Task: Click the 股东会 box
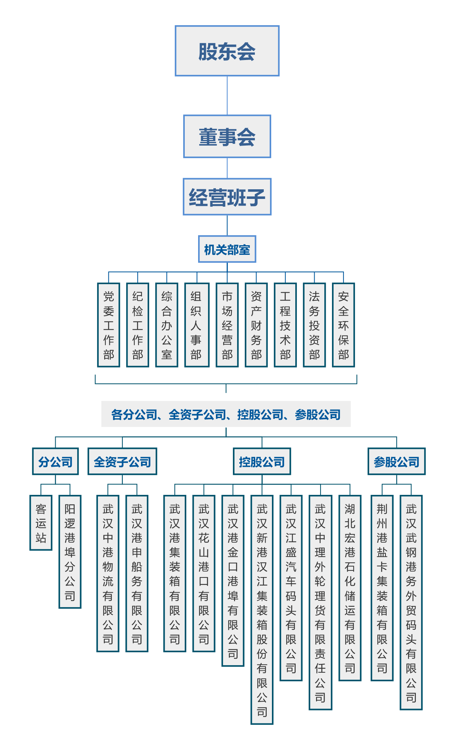point(227,51)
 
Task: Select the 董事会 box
point(227,137)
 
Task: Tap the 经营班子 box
point(227,197)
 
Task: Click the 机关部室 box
point(227,249)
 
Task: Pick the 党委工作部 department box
point(109,325)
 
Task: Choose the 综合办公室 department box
point(167,325)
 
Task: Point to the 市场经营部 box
point(227,325)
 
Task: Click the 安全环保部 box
point(344,325)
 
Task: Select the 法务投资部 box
point(314,325)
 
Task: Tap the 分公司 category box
point(56,462)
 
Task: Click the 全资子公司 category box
point(122,462)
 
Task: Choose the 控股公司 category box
point(262,462)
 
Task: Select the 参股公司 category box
point(397,462)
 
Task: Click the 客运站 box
point(41,523)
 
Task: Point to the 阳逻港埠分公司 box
point(70,552)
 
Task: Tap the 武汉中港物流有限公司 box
point(108,573)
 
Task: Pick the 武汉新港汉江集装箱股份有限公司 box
point(262,610)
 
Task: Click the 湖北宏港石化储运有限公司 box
point(350,588)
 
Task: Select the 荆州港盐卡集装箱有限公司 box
point(382,588)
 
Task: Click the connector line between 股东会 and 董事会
point(227,96)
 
